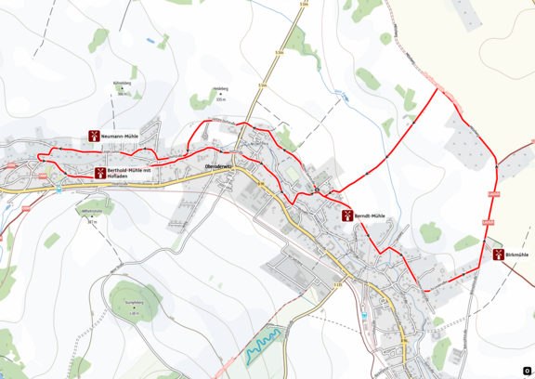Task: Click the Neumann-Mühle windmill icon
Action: (x=93, y=136)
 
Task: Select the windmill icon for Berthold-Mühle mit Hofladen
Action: (x=98, y=173)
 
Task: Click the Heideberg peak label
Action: (x=220, y=89)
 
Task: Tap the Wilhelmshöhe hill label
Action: (x=91, y=211)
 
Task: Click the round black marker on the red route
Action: (x=317, y=191)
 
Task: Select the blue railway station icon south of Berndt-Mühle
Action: (x=366, y=314)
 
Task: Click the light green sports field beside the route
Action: (x=290, y=170)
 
